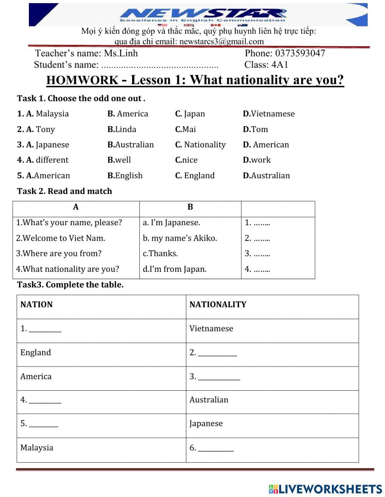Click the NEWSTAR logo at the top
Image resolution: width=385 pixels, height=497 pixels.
(x=203, y=15)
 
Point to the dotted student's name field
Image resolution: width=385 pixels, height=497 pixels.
(x=159, y=65)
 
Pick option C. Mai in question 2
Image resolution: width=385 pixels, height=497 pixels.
(x=185, y=129)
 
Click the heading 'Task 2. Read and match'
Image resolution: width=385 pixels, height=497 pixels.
(x=64, y=191)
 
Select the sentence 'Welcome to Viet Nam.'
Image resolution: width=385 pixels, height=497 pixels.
(x=60, y=238)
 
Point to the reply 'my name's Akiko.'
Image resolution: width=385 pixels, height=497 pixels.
(x=180, y=238)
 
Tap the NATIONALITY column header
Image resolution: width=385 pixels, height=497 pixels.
(x=218, y=305)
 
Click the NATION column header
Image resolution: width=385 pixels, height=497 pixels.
(x=37, y=305)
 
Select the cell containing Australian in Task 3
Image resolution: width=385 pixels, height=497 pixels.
(x=209, y=400)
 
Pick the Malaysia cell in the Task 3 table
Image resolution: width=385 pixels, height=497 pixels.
(x=37, y=448)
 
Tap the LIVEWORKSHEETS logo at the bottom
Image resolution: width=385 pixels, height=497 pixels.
(x=325, y=489)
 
